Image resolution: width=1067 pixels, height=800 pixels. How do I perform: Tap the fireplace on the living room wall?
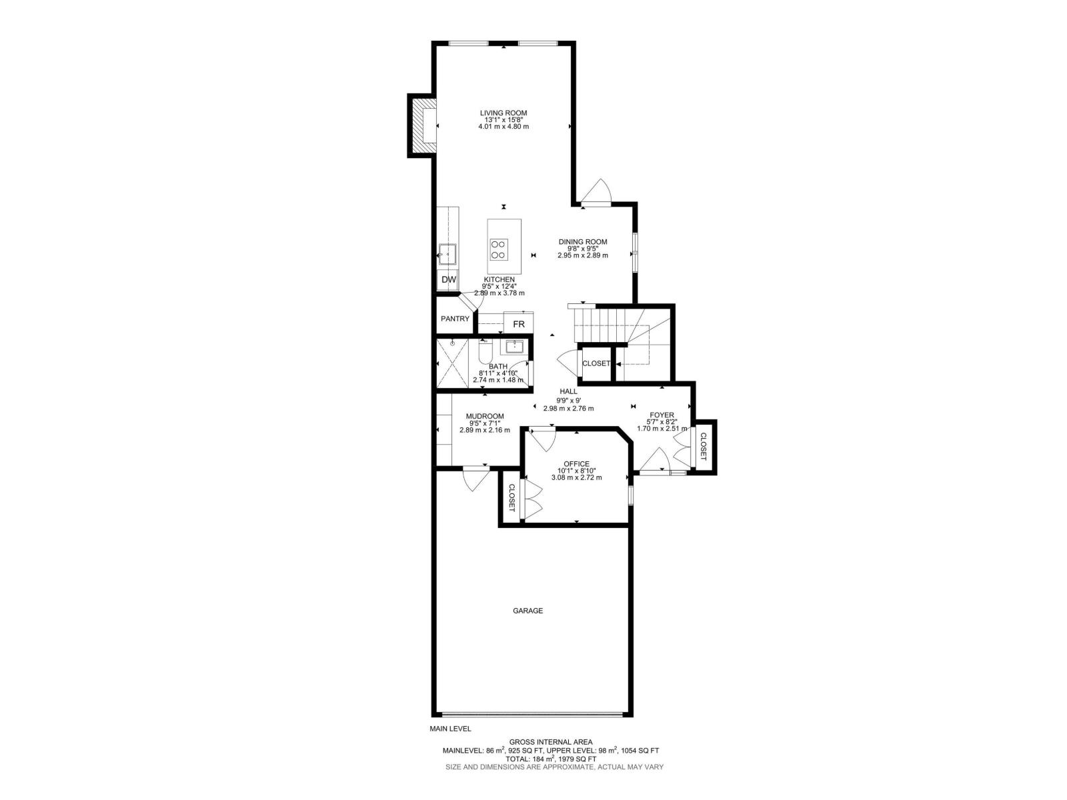(423, 126)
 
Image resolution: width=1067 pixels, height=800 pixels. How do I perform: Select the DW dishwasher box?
(449, 280)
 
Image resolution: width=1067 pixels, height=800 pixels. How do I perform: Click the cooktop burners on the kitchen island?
(498, 249)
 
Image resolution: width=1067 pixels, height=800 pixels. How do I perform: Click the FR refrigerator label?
(518, 324)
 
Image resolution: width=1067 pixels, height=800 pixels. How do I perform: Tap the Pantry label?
(455, 319)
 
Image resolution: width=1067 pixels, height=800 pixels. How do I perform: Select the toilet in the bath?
(485, 351)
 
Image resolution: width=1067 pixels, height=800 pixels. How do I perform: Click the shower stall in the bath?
(452, 363)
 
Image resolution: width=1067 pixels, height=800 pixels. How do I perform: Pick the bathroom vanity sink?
(514, 347)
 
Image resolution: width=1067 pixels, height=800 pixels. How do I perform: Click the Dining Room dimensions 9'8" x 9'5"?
(583, 249)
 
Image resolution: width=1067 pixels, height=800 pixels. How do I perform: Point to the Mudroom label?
(485, 416)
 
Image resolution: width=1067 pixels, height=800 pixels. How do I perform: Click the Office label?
(576, 464)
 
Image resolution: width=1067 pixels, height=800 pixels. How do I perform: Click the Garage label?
(527, 611)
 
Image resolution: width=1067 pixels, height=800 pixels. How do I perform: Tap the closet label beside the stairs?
(596, 363)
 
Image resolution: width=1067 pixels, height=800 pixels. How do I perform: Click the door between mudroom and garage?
(476, 477)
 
